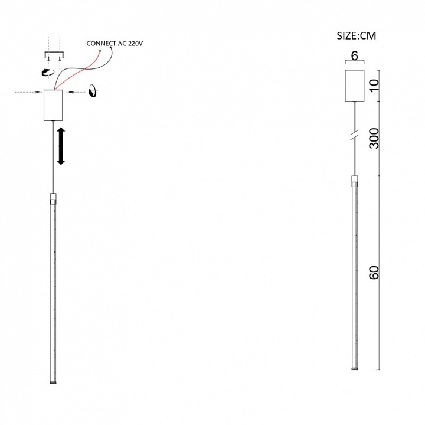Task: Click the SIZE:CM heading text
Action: pos(356,36)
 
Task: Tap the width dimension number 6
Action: pos(354,55)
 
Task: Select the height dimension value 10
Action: pos(374,86)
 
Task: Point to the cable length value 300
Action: pos(374,138)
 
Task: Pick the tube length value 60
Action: pos(374,272)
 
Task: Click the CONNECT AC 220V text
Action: pos(115,43)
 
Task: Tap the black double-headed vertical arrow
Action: pos(61,146)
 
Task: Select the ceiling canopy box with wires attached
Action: pos(53,105)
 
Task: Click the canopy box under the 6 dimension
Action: pos(355,86)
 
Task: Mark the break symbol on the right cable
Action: pos(355,135)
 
